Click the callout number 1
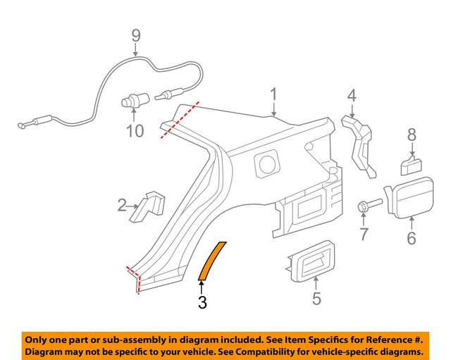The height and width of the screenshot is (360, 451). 273,94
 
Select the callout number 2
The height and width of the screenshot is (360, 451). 123,206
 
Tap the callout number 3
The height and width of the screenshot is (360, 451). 202,303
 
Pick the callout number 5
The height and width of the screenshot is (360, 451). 316,299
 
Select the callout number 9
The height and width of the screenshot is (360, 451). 136,35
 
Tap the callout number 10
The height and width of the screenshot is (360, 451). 135,130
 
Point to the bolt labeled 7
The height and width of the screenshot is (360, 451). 368,206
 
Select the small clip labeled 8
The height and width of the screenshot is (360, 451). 411,166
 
